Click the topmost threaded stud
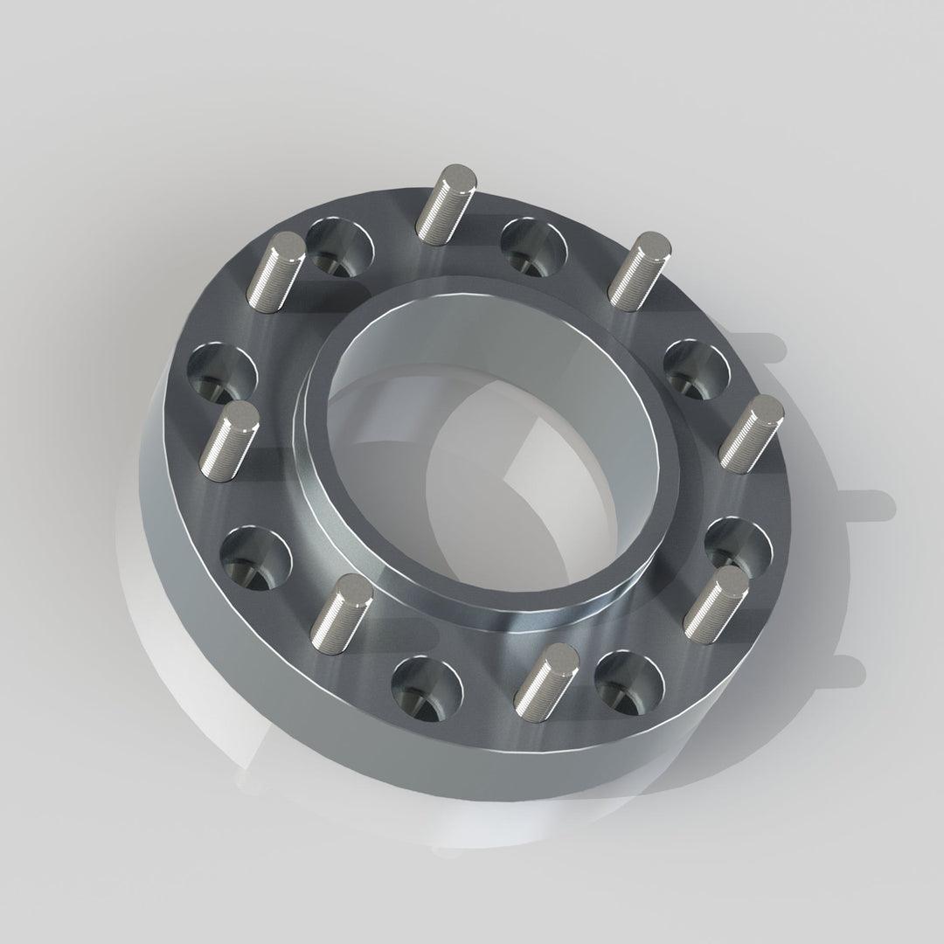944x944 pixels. click(446, 203)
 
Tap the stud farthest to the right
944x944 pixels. click(750, 434)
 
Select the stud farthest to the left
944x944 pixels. click(229, 441)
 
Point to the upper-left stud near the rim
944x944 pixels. click(276, 270)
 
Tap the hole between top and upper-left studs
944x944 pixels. click(341, 246)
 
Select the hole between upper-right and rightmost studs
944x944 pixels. click(697, 368)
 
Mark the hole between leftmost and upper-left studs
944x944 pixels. click(222, 374)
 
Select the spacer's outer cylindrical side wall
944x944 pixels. click(219, 664)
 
